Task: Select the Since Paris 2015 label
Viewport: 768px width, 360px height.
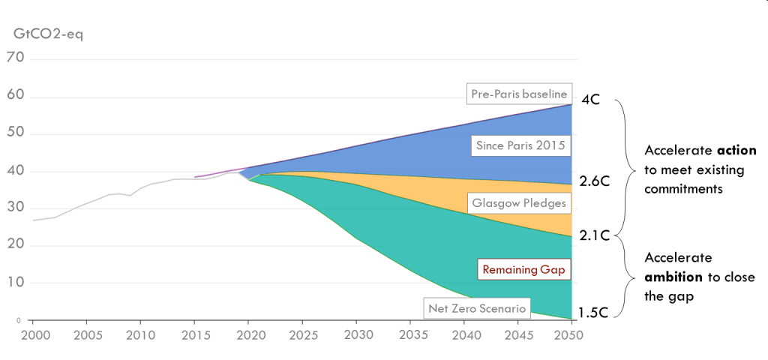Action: click(519, 145)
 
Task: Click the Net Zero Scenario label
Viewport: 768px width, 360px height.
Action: click(477, 307)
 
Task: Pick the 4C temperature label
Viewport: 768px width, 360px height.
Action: click(591, 100)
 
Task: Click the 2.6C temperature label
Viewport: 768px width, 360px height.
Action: click(594, 181)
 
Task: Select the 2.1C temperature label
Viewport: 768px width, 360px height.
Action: click(594, 236)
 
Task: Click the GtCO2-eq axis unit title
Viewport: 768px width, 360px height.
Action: click(47, 34)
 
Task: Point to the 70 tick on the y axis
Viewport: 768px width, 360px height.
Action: click(15, 58)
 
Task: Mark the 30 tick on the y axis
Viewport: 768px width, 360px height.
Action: click(15, 208)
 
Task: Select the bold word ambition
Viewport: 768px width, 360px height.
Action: click(673, 276)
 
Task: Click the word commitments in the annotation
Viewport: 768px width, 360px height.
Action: click(683, 190)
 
